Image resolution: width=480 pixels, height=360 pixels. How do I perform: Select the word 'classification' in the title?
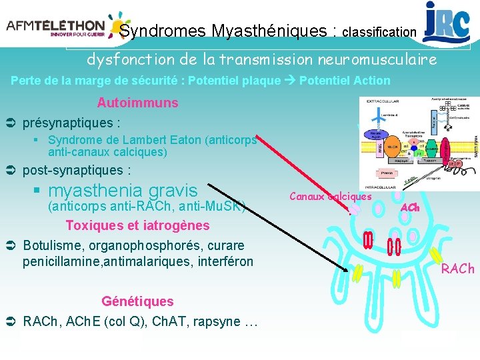(379, 32)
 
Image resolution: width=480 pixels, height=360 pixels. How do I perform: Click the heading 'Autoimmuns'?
(137, 103)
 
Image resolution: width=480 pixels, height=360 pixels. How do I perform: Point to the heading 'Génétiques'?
(137, 301)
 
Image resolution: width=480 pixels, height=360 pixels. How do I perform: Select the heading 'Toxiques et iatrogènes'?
(137, 225)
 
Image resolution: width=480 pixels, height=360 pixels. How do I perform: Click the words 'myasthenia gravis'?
(123, 190)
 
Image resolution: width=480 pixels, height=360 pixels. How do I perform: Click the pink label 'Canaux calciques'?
(331, 196)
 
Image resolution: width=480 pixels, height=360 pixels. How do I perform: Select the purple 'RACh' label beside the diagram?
(457, 269)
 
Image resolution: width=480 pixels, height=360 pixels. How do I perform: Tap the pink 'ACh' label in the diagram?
(410, 208)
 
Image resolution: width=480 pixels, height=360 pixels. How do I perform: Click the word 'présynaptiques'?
(67, 123)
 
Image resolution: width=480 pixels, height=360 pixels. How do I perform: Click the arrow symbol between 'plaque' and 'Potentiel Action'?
(290, 81)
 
